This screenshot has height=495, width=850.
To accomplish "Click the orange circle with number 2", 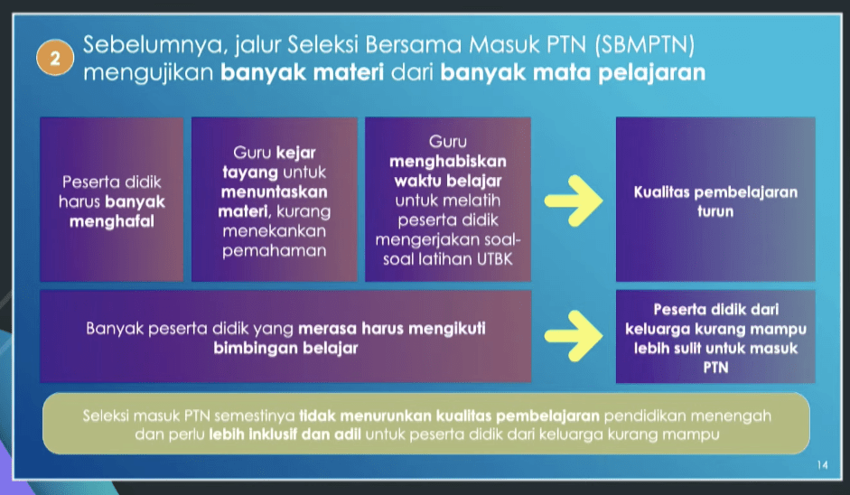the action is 55,58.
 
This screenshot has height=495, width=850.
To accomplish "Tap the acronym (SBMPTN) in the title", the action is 645,45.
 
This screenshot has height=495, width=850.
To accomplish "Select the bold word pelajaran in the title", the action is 652,72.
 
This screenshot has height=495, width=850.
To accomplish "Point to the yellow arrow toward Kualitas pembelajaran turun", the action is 574,200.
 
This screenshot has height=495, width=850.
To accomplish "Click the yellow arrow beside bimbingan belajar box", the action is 574,336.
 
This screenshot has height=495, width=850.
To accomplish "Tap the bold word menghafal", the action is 112,221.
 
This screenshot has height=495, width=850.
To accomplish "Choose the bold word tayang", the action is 250,173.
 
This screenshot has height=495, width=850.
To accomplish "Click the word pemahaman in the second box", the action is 275,251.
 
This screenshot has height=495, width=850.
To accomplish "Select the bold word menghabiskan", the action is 448,162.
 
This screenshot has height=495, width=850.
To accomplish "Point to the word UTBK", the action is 494,259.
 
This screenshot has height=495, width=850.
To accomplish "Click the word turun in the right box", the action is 715,211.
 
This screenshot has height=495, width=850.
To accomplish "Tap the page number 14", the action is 822,464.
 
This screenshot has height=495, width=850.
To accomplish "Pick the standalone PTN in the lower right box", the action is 715,368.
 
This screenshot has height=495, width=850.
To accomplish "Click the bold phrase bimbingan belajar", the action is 285,348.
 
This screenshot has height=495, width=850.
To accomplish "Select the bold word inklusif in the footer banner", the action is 267,434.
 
